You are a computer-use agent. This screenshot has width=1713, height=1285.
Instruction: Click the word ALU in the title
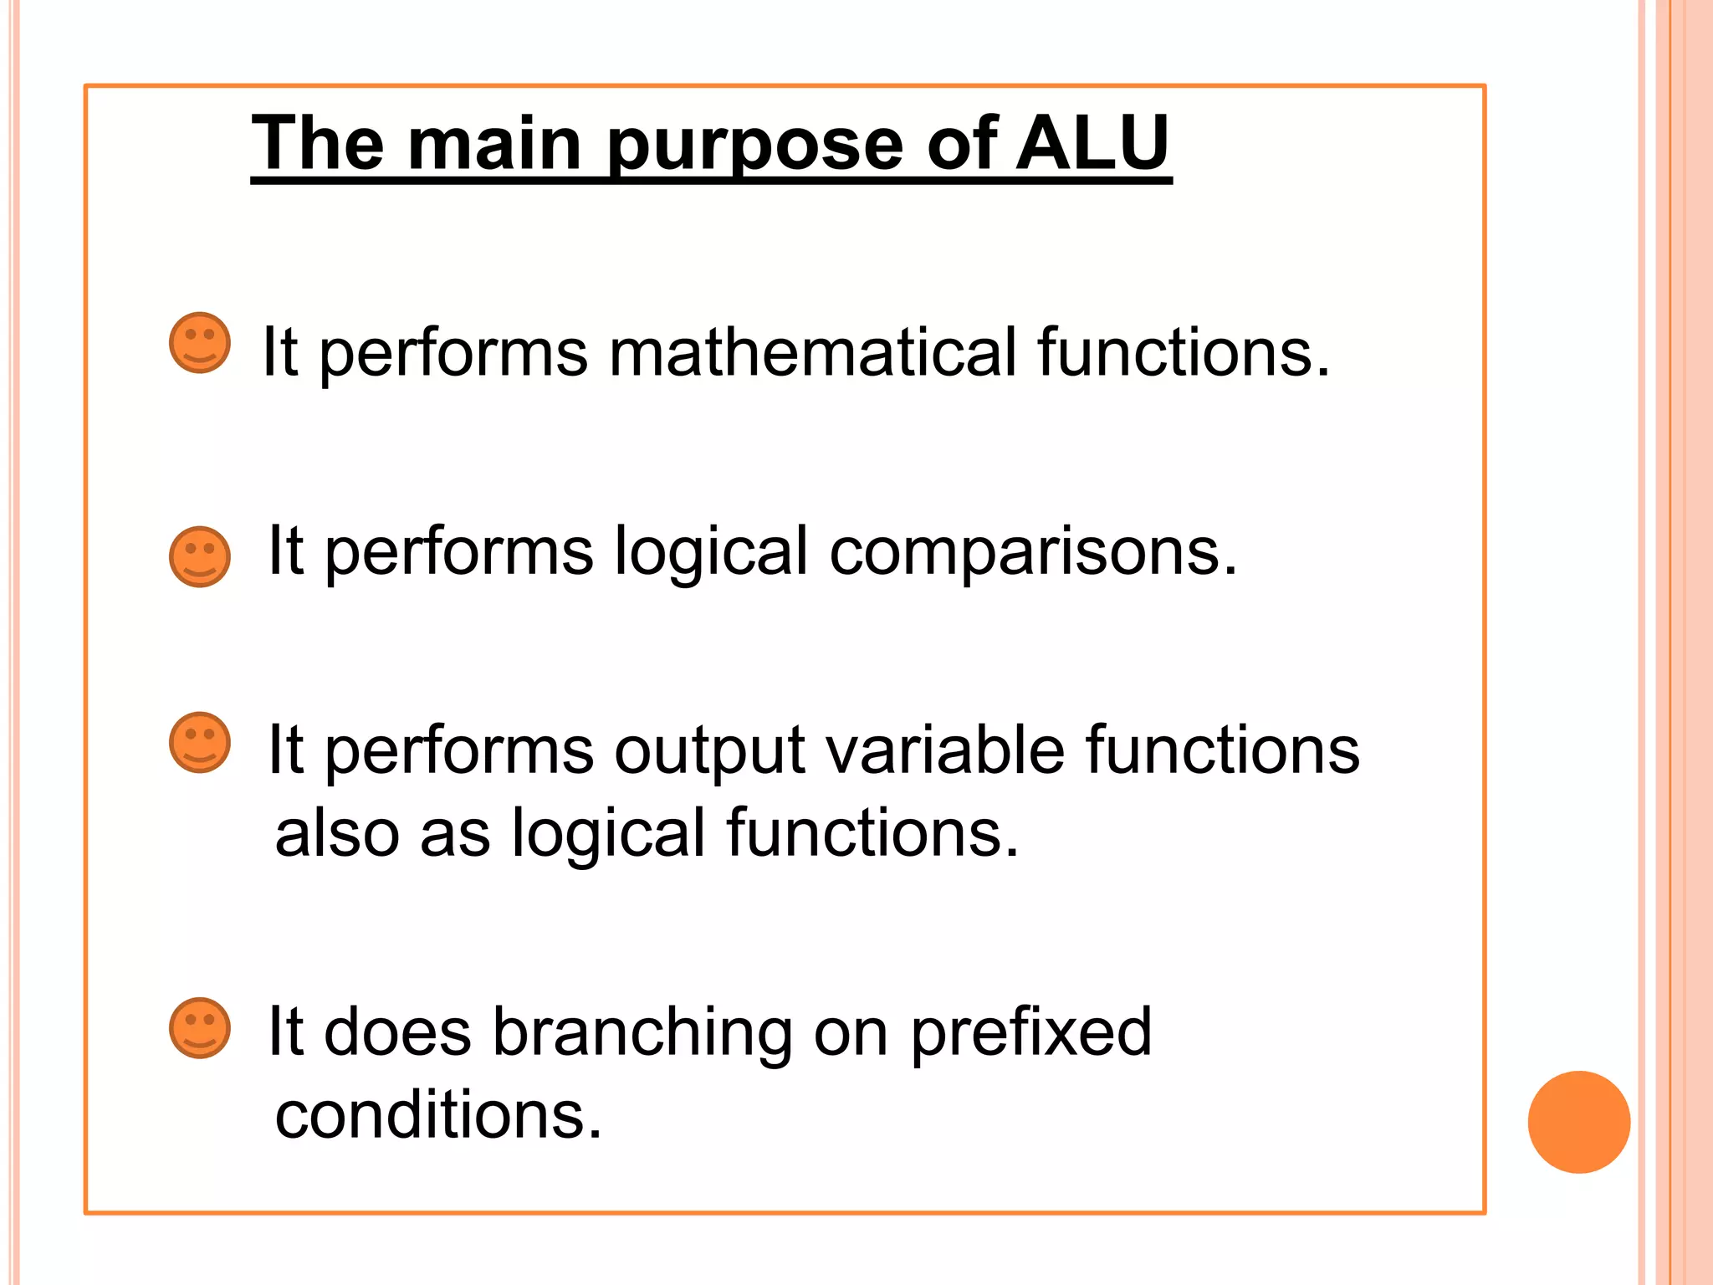[x=1092, y=144]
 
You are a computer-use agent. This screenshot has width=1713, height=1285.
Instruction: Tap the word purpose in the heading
[x=754, y=147]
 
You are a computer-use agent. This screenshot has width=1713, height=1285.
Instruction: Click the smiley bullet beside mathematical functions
[x=200, y=343]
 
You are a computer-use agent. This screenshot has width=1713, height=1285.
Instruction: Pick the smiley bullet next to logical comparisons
[x=200, y=556]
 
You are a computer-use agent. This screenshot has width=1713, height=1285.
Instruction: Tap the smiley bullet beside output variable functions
[x=200, y=742]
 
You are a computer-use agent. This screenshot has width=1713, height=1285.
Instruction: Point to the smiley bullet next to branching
[x=200, y=1027]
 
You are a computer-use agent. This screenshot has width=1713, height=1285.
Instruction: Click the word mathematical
[x=812, y=352]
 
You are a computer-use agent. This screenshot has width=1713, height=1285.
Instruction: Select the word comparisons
[x=1032, y=552]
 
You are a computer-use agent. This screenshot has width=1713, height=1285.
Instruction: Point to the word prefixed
[x=1030, y=1032]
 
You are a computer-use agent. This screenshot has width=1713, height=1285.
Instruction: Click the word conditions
[x=438, y=1115]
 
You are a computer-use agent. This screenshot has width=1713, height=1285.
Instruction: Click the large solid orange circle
[x=1578, y=1122]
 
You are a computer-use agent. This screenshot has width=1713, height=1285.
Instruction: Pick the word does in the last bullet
[x=397, y=1032]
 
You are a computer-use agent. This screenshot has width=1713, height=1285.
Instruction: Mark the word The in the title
[x=318, y=144]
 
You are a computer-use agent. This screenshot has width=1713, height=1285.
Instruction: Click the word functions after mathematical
[x=1183, y=352]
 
